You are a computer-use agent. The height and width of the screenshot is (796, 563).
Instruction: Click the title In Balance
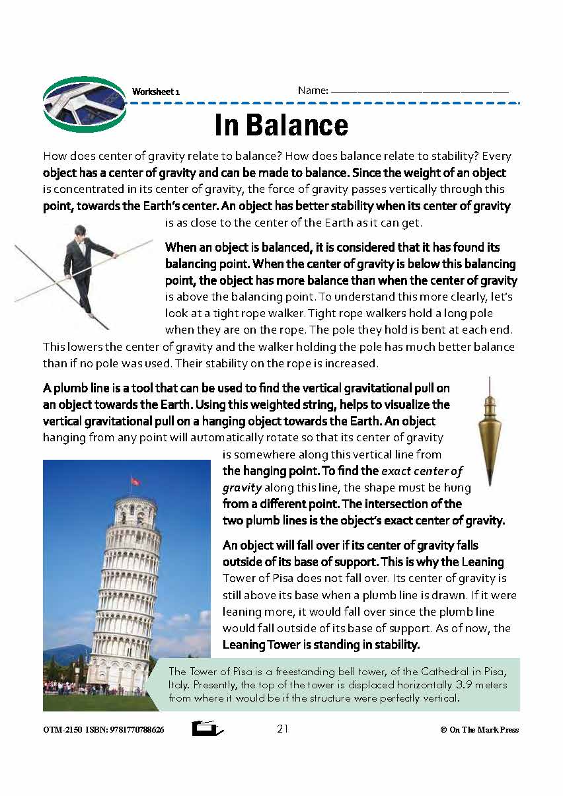pos(281,126)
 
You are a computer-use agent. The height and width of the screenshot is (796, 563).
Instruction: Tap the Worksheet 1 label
pos(156,92)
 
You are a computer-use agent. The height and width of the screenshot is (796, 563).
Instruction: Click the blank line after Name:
pos(420,92)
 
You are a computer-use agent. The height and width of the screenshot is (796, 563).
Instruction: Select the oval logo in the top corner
pos(84,104)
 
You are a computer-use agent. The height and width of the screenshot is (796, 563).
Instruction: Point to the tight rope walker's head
pos(81,232)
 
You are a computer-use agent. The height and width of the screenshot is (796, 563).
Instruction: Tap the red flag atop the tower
pos(136,481)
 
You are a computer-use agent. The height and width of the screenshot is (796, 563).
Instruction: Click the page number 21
pos(283,729)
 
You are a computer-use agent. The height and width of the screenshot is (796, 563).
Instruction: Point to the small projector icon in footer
pos(207,729)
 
